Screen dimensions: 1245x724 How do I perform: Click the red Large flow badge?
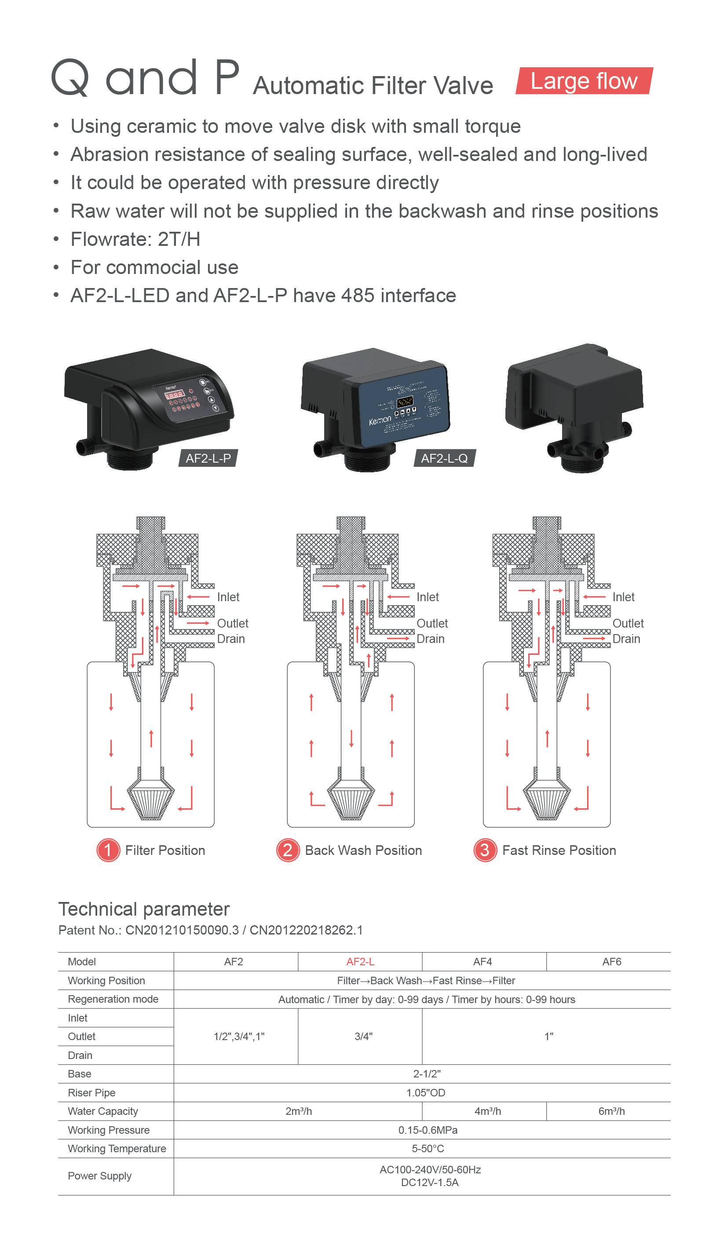coord(584,81)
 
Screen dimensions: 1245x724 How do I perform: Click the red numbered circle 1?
coord(108,850)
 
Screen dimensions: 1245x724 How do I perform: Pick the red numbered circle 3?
coord(485,850)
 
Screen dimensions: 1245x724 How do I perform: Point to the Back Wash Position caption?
coord(363,850)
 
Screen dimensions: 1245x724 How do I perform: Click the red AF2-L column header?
coord(360,961)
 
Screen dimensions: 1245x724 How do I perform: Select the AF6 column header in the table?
coord(611,961)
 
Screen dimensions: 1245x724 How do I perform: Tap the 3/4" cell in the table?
coord(363,1037)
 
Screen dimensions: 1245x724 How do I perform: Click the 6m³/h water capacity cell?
coord(611,1111)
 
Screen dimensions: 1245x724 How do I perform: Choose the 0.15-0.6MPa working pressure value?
coord(428,1130)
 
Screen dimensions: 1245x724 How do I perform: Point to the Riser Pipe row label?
coord(91,1092)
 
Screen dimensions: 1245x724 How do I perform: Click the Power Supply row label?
coord(99,1176)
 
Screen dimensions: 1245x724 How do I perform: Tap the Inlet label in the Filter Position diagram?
coord(228,597)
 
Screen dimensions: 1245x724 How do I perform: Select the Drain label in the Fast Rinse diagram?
coord(626,639)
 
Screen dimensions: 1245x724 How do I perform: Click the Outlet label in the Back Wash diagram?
coord(432,623)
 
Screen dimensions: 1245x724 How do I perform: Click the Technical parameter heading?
coord(144,909)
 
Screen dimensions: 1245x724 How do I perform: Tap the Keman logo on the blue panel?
coord(380,420)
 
